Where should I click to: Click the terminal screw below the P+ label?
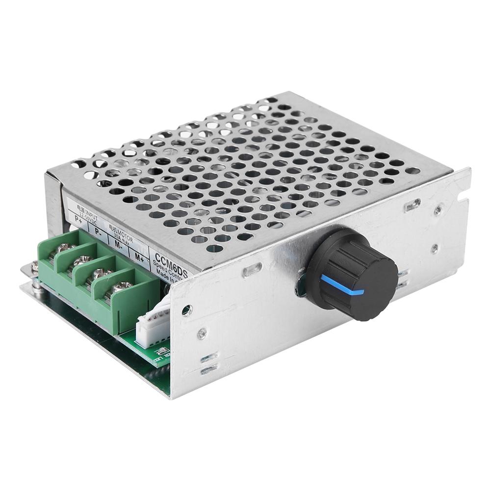[64, 248]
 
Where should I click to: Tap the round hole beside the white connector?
[187, 310]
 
